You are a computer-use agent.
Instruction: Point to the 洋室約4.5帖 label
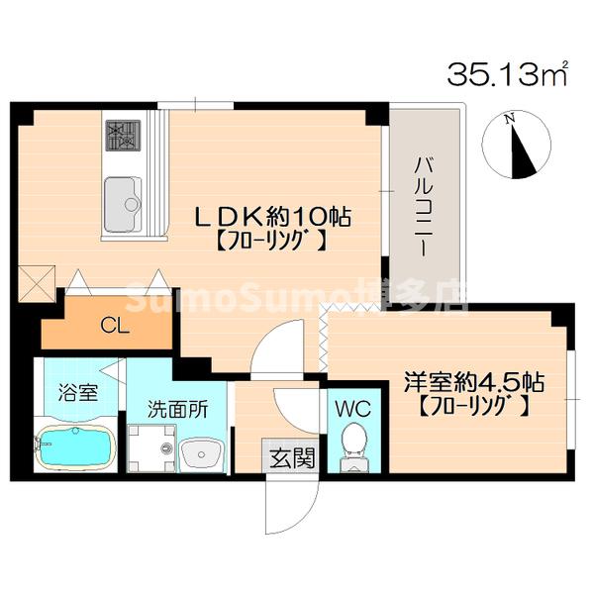[474, 380]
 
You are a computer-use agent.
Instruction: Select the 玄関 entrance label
[293, 457]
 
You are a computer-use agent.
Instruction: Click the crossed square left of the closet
[38, 282]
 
